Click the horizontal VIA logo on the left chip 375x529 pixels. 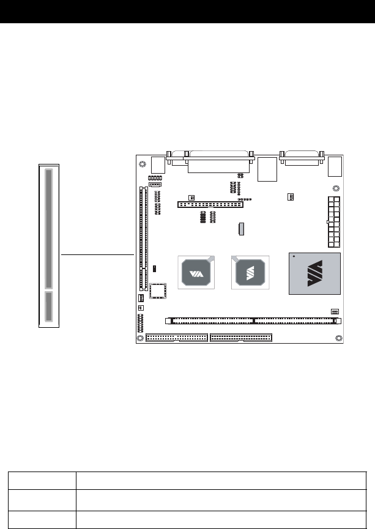[x=196, y=273]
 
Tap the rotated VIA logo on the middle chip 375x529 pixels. [x=250, y=273]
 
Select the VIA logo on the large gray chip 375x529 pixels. [x=314, y=273]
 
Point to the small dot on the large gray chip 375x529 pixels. [x=294, y=256]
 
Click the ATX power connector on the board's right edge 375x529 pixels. [x=333, y=222]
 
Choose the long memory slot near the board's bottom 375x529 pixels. [x=253, y=321]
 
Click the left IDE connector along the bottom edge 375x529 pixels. [x=177, y=338]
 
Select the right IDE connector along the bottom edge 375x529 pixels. [x=241, y=338]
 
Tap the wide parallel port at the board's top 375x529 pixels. [x=219, y=161]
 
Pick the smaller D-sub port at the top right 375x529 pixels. [x=302, y=158]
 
